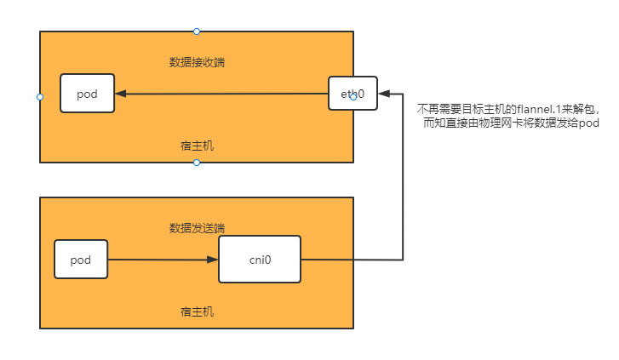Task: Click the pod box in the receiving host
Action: point(87,94)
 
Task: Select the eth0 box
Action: point(352,93)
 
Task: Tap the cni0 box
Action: point(260,259)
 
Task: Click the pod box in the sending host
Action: point(81,259)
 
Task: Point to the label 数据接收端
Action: point(197,62)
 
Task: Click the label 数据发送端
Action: point(197,228)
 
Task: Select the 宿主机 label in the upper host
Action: point(197,146)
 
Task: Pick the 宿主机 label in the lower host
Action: point(197,311)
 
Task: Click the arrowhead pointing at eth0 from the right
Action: point(384,92)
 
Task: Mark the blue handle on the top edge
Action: point(197,31)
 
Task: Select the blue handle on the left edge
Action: point(40,97)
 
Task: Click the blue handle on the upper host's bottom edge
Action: point(197,162)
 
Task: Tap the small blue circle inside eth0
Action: point(352,96)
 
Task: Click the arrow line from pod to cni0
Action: point(162,259)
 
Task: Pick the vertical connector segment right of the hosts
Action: point(402,174)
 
